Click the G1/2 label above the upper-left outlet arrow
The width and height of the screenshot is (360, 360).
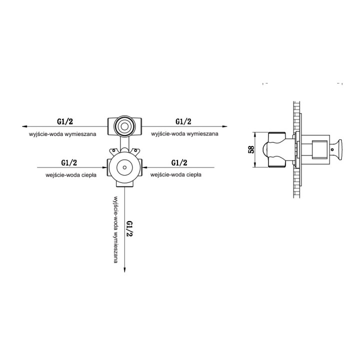[65, 121]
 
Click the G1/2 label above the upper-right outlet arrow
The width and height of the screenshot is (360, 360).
[183, 121]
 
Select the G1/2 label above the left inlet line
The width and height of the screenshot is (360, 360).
[69, 163]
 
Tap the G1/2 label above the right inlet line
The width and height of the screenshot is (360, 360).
[179, 163]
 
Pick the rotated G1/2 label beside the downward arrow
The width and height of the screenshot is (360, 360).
[130, 228]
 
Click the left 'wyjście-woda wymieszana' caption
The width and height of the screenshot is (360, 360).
[62, 134]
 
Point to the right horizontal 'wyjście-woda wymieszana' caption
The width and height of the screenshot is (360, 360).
[184, 133]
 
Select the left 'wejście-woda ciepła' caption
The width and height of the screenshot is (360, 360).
[71, 175]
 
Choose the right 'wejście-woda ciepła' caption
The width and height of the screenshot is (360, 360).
[176, 174]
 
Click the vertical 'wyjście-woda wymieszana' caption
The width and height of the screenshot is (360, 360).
[115, 229]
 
